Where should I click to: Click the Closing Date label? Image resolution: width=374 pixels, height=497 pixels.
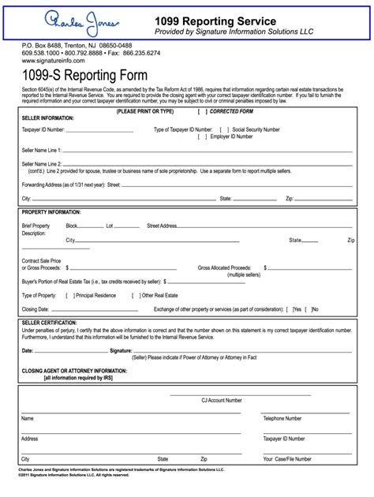36,308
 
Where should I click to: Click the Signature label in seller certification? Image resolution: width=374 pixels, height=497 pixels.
120,350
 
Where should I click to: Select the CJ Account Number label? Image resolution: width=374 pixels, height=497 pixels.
222,401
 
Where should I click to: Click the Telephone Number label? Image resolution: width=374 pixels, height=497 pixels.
282,418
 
